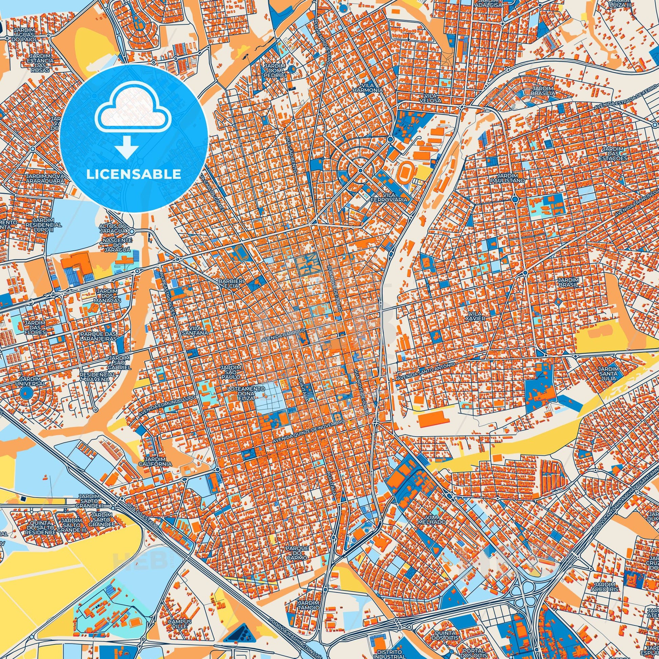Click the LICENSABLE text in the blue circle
(x=133, y=174)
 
